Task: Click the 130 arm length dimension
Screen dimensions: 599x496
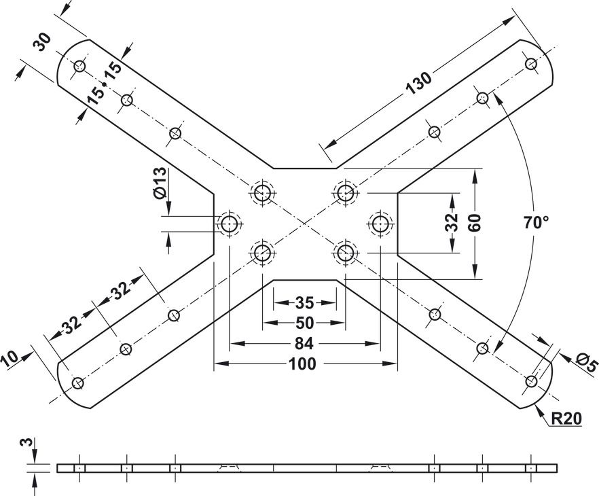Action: [418, 84]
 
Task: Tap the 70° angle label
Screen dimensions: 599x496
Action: [537, 223]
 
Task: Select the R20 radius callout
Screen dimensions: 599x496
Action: [566, 419]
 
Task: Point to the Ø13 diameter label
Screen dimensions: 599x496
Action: [160, 183]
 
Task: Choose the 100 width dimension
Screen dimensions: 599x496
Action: [303, 364]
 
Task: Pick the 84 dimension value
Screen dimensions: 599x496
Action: [304, 344]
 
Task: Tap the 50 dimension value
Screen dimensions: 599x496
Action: [304, 323]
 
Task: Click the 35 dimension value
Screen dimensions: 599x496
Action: [304, 303]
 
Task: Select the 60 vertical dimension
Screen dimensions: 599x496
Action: [474, 223]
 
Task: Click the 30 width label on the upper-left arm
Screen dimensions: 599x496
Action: [42, 42]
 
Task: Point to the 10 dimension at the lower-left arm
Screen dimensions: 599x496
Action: [10, 359]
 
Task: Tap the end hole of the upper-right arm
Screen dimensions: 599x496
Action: [531, 63]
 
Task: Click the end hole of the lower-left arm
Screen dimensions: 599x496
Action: [78, 383]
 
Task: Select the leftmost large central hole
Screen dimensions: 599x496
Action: [230, 224]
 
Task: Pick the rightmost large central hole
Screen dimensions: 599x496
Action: [380, 224]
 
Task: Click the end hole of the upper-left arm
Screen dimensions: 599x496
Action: [79, 66]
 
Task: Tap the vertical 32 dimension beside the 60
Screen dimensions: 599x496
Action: [452, 222]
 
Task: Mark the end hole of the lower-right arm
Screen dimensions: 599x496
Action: [531, 381]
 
